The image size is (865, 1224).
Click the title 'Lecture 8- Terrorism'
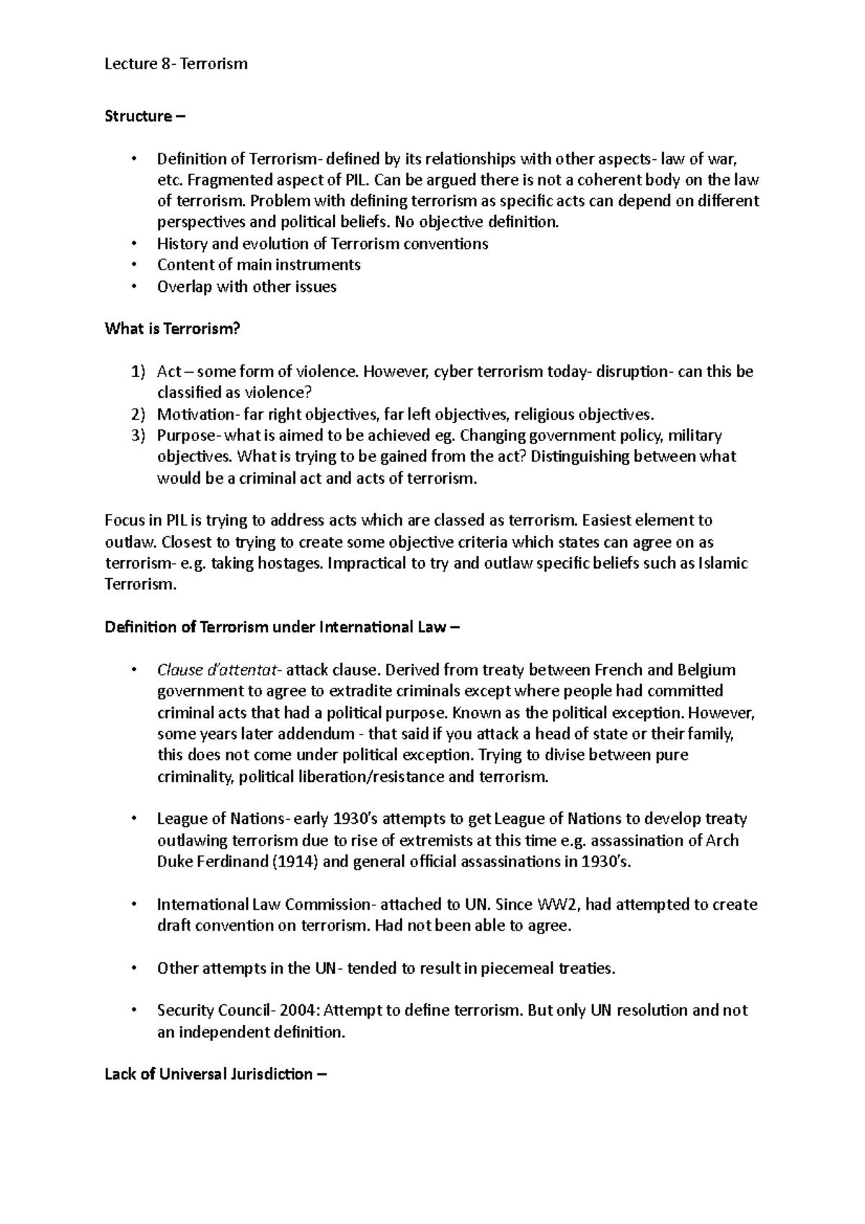pyautogui.click(x=176, y=64)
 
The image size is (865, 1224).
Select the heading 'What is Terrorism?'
pyautogui.click(x=172, y=329)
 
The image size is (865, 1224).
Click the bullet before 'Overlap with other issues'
pyautogui.click(x=134, y=287)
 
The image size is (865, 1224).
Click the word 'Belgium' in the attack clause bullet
pyautogui.click(x=706, y=670)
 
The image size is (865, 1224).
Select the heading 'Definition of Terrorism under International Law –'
pyautogui.click(x=282, y=627)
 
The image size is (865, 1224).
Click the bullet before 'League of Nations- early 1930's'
pyautogui.click(x=134, y=820)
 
